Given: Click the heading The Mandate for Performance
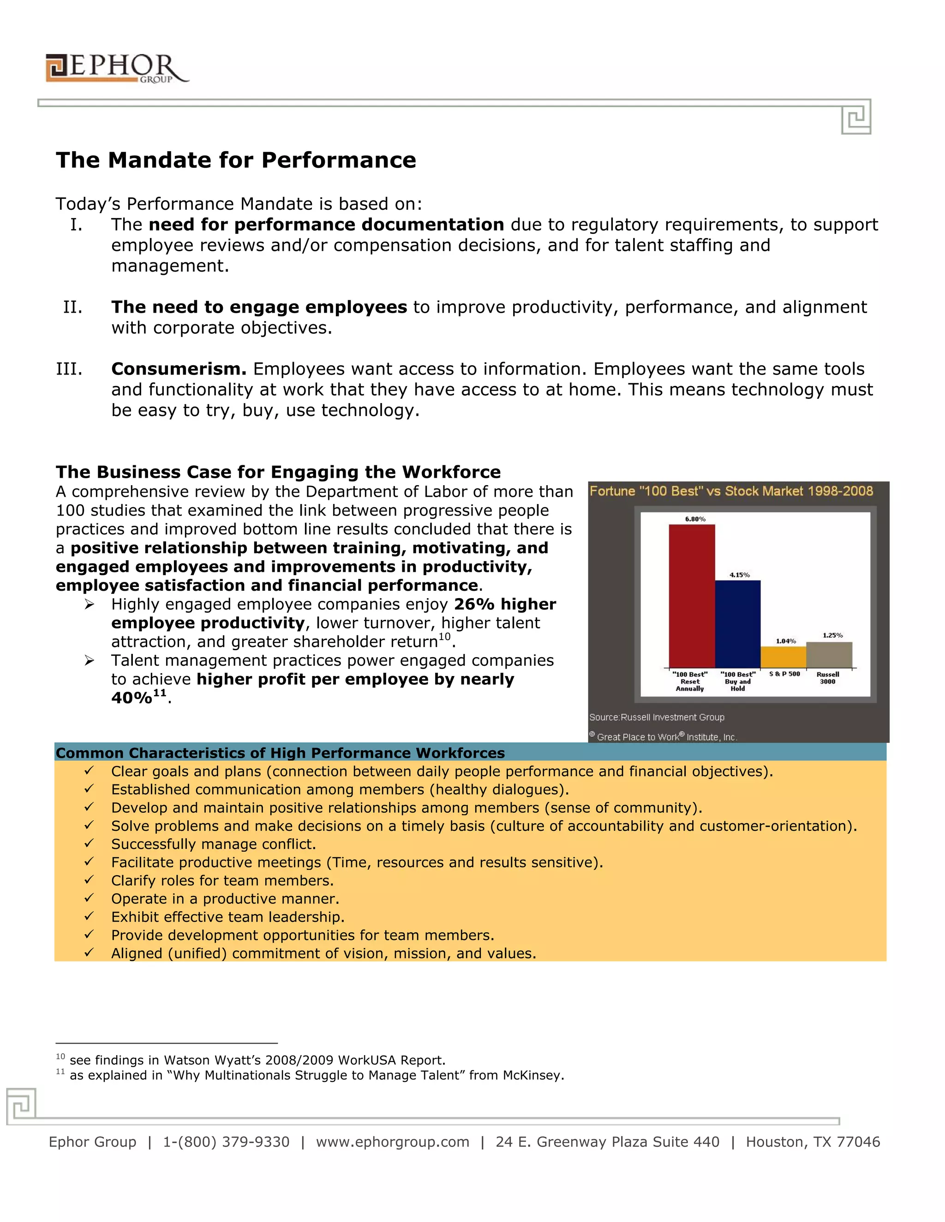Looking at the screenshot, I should click(236, 160).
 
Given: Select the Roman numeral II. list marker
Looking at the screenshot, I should click(73, 307).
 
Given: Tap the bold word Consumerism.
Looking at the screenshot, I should click(179, 369).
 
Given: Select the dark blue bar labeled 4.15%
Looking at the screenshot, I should click(737, 624).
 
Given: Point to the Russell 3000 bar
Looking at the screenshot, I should click(829, 655).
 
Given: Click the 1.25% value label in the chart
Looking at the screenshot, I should click(832, 635).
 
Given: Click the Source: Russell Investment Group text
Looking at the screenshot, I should click(657, 718).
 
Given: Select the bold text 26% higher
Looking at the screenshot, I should click(504, 604).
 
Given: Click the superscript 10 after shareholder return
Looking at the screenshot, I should click(444, 637).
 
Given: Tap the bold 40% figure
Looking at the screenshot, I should click(132, 698).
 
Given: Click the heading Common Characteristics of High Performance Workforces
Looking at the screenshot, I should click(280, 753).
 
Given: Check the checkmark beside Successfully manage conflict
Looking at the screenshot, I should click(89, 843).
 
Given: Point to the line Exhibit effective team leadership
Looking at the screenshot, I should click(227, 917).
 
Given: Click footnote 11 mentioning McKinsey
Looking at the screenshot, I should click(316, 1075).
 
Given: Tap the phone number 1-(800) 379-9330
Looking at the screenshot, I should click(226, 1142).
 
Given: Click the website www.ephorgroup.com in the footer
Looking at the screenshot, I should click(393, 1142).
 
